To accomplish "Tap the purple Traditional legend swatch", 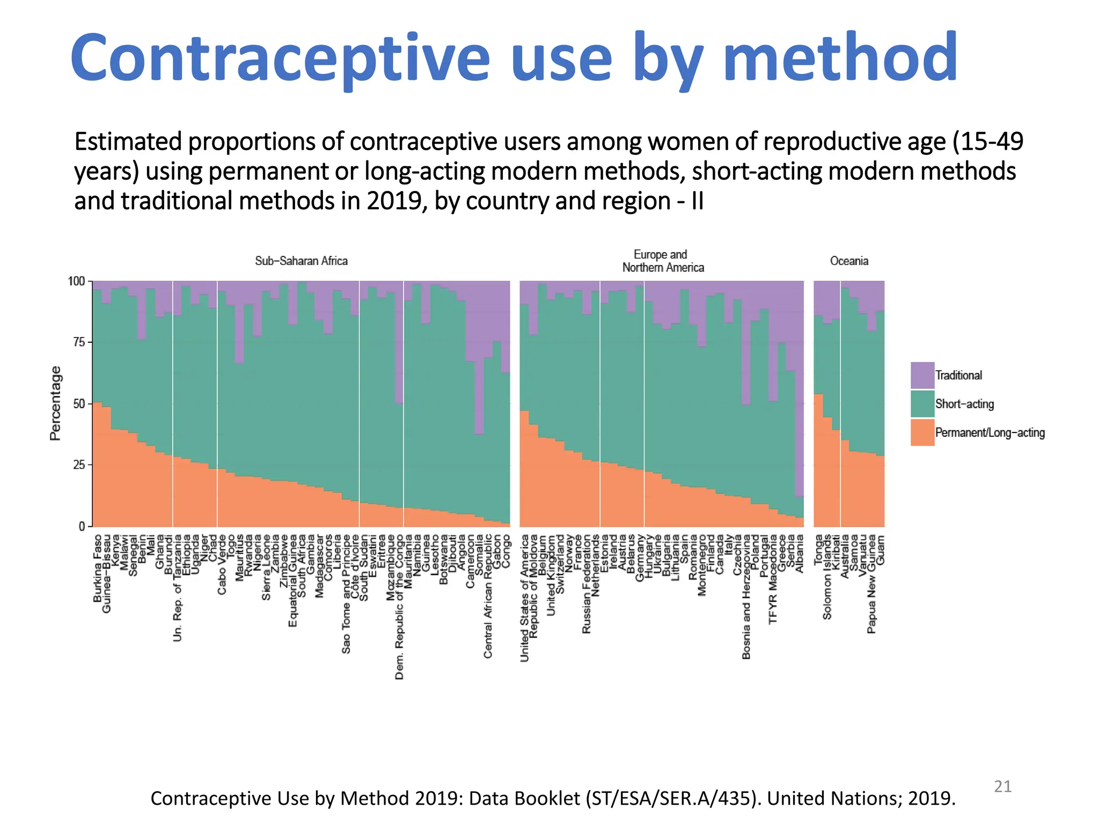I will (x=922, y=375).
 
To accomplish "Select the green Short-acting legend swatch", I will (x=922, y=404).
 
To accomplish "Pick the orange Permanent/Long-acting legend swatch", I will (x=922, y=432).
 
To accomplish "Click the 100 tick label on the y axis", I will (x=76, y=281).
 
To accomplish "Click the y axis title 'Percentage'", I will (x=55, y=403).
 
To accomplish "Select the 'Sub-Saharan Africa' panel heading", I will (x=301, y=261).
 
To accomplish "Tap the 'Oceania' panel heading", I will (x=848, y=261).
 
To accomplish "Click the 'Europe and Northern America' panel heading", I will (x=662, y=261).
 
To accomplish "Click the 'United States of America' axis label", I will (x=525, y=598).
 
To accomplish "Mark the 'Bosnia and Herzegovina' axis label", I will (x=746, y=597).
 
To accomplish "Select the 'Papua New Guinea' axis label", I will (x=871, y=584).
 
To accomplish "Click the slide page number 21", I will (x=1002, y=786).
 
